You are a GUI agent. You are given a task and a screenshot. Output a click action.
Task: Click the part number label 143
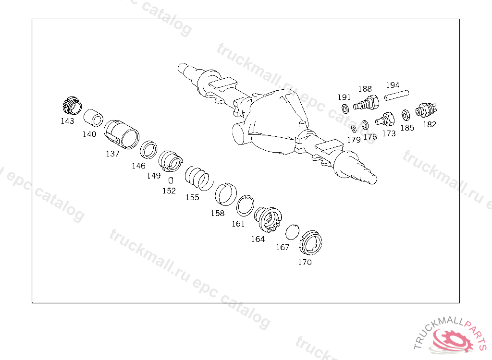[x=67, y=121]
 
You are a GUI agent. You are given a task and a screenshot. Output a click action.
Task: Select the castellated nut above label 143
[x=72, y=106]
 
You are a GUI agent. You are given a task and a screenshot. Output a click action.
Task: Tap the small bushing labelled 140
[x=94, y=118]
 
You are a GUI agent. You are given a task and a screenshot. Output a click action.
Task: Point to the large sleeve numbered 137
[x=122, y=134]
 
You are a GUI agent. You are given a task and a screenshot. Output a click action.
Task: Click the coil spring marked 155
[x=199, y=179]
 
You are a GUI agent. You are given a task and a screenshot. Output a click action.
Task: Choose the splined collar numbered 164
[x=268, y=219]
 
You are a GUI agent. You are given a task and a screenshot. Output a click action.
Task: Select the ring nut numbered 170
[x=311, y=242]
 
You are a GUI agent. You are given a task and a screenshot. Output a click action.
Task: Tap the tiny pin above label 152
[x=171, y=180]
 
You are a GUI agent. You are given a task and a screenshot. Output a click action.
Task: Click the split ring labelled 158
[x=226, y=194]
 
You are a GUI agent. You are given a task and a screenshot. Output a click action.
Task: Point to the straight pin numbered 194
[x=397, y=96]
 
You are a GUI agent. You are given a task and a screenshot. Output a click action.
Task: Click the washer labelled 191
[x=345, y=109]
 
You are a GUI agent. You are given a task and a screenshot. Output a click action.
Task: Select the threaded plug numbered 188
[x=366, y=103]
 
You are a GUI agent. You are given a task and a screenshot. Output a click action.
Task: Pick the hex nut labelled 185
[x=406, y=115]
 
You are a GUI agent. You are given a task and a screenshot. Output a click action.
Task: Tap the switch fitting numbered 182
[x=426, y=109]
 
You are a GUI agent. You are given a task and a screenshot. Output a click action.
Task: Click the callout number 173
[x=389, y=133]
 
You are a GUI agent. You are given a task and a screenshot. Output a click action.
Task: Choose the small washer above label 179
[x=354, y=128]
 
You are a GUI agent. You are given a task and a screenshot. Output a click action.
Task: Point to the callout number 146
[x=139, y=166]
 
